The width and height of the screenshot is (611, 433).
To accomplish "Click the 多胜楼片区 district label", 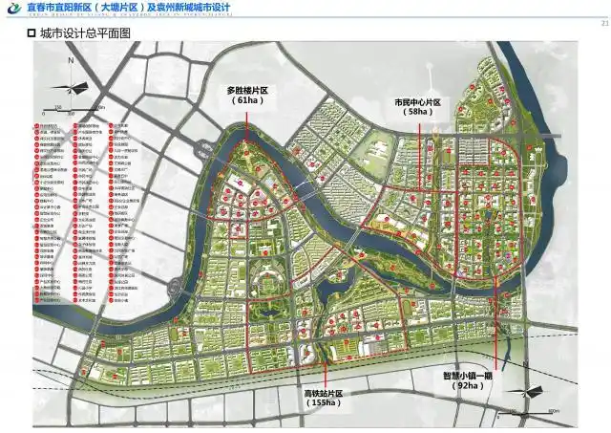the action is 247,90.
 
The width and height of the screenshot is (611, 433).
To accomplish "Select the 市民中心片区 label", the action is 417,102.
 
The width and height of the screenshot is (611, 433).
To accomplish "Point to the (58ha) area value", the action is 417,112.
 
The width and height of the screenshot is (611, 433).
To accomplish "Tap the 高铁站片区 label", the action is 319,394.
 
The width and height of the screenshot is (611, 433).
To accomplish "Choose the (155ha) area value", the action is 319,403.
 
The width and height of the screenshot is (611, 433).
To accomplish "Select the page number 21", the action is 603,11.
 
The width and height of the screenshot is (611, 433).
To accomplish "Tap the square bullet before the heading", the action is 32,33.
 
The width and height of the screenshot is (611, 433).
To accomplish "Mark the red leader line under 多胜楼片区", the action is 246,124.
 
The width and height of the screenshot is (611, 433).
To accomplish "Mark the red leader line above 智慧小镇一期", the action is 497,335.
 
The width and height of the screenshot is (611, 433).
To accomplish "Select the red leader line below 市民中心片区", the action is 417,134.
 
